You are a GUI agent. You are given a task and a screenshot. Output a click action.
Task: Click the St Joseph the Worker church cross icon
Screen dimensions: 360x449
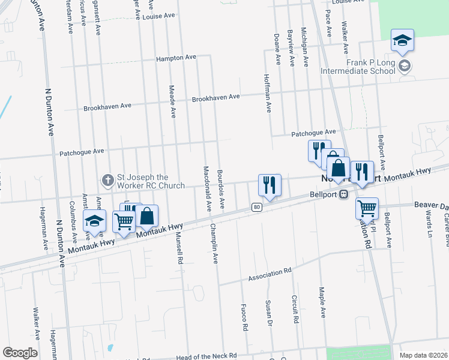(x=107, y=179)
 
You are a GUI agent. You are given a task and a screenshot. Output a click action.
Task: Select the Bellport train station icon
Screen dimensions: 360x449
(x=343, y=194)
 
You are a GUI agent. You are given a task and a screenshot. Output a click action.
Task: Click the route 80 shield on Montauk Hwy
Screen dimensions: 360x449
(x=256, y=207)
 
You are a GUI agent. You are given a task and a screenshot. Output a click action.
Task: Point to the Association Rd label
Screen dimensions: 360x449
(x=270, y=274)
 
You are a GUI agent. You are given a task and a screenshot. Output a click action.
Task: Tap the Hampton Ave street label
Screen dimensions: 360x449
(x=176, y=58)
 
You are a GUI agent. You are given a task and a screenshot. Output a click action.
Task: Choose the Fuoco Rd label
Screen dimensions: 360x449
(x=245, y=319)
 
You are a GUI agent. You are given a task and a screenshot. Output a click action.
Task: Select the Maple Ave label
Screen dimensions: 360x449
(x=322, y=305)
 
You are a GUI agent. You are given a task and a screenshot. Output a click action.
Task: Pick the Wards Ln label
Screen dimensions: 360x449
(x=429, y=223)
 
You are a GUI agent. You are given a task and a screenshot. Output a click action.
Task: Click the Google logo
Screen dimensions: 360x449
(x=20, y=353)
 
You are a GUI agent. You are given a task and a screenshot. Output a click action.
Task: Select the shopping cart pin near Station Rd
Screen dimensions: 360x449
(x=367, y=209)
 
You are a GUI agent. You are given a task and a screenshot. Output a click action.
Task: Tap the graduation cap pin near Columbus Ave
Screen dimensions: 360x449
(x=94, y=221)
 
